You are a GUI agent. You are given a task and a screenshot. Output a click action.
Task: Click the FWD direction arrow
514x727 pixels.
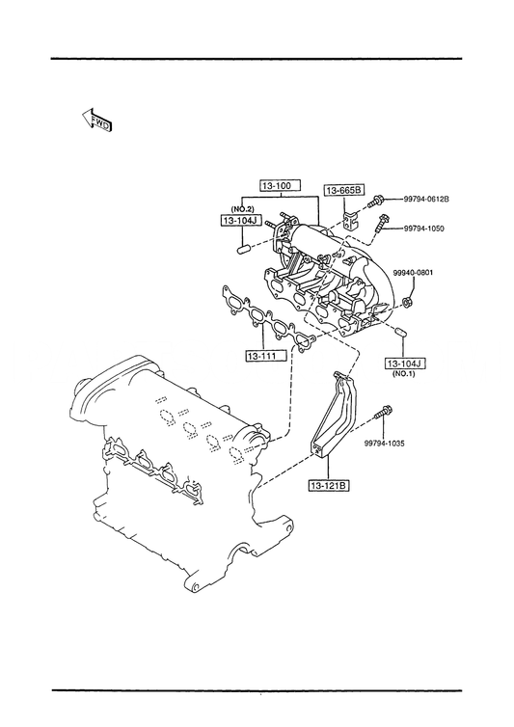point(96,121)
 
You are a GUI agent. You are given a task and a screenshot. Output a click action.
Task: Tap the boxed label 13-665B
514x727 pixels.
point(343,190)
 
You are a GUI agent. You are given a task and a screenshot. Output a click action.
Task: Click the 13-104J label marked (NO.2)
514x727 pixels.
point(239,221)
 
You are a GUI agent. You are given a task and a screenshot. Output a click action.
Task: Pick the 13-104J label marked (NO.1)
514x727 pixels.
point(405,363)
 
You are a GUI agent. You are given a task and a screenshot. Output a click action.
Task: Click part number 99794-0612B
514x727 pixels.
point(426,199)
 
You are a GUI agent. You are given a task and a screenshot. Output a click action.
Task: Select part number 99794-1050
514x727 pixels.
point(423,229)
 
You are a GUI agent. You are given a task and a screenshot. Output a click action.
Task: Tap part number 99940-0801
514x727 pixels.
point(413,273)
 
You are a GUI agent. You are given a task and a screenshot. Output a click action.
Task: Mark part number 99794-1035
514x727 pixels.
point(384,444)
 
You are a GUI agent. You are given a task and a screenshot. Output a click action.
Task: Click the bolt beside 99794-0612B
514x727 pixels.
point(375,202)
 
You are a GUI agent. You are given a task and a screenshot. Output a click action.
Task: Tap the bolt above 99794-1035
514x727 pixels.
point(385,412)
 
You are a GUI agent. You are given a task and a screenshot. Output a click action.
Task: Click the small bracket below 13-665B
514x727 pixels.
point(350,219)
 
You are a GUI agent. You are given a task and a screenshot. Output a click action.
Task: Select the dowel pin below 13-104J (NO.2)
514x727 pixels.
point(244,250)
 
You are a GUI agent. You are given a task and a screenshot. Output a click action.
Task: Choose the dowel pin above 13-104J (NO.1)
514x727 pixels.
point(401,332)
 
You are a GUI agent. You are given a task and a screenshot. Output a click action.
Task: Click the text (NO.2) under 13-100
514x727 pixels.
point(242,208)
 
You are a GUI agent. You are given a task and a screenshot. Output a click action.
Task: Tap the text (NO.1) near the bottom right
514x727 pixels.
point(403,374)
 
